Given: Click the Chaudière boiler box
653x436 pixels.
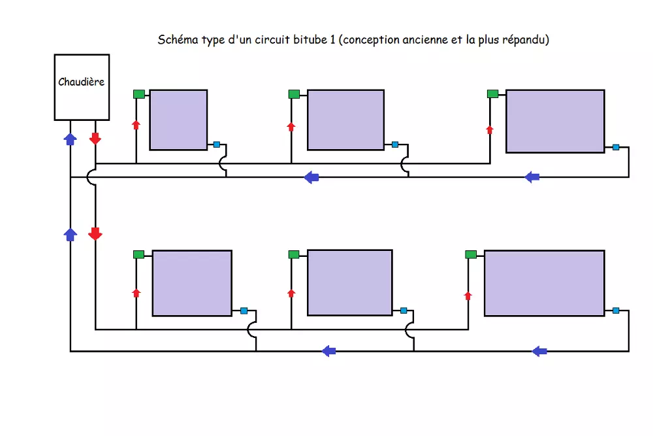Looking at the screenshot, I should coord(82,87).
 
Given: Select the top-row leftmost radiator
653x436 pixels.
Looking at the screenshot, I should coord(178,120).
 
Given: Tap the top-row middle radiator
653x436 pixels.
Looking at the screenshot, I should coord(345,120).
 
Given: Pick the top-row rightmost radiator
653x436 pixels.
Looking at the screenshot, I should coord(555,121).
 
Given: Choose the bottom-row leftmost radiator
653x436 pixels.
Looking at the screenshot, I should coord(192,283).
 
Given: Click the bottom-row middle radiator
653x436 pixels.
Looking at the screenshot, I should coord(349,282).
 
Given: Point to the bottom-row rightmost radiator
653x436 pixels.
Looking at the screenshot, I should coord(544,283).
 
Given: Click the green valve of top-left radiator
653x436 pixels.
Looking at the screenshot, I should coord(139,94).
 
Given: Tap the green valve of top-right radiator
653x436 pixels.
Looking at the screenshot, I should coord(493,93).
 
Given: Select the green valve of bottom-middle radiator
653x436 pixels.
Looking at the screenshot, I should coord(294,254).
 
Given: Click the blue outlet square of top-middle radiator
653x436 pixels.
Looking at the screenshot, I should coord(395,144).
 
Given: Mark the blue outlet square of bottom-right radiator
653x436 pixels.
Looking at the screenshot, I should coord(616,310).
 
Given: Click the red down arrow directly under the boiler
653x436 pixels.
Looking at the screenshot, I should coord(95,138).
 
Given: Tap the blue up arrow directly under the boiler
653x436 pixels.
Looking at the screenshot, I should coord(70,138).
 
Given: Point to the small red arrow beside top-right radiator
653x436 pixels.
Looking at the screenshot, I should coord(490,129).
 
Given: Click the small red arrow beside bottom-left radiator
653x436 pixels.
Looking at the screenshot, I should coord(136,293).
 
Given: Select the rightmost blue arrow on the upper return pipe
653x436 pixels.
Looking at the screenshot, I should coord(532,176).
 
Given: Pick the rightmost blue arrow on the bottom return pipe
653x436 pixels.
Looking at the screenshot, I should coord(539,351).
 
